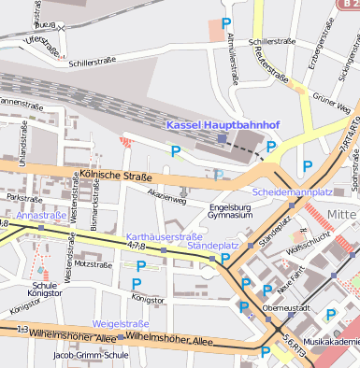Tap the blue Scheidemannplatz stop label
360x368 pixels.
(293, 191)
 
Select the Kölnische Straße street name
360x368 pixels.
(115, 174)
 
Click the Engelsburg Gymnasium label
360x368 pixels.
(231, 210)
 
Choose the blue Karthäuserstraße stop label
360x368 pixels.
(164, 236)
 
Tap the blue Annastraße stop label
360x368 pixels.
(41, 216)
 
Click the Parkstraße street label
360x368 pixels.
(25, 198)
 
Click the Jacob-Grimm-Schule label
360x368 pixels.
(91, 355)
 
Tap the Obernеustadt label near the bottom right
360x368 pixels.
(286, 307)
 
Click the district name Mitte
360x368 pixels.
(342, 215)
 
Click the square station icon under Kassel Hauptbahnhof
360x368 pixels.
(222, 138)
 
